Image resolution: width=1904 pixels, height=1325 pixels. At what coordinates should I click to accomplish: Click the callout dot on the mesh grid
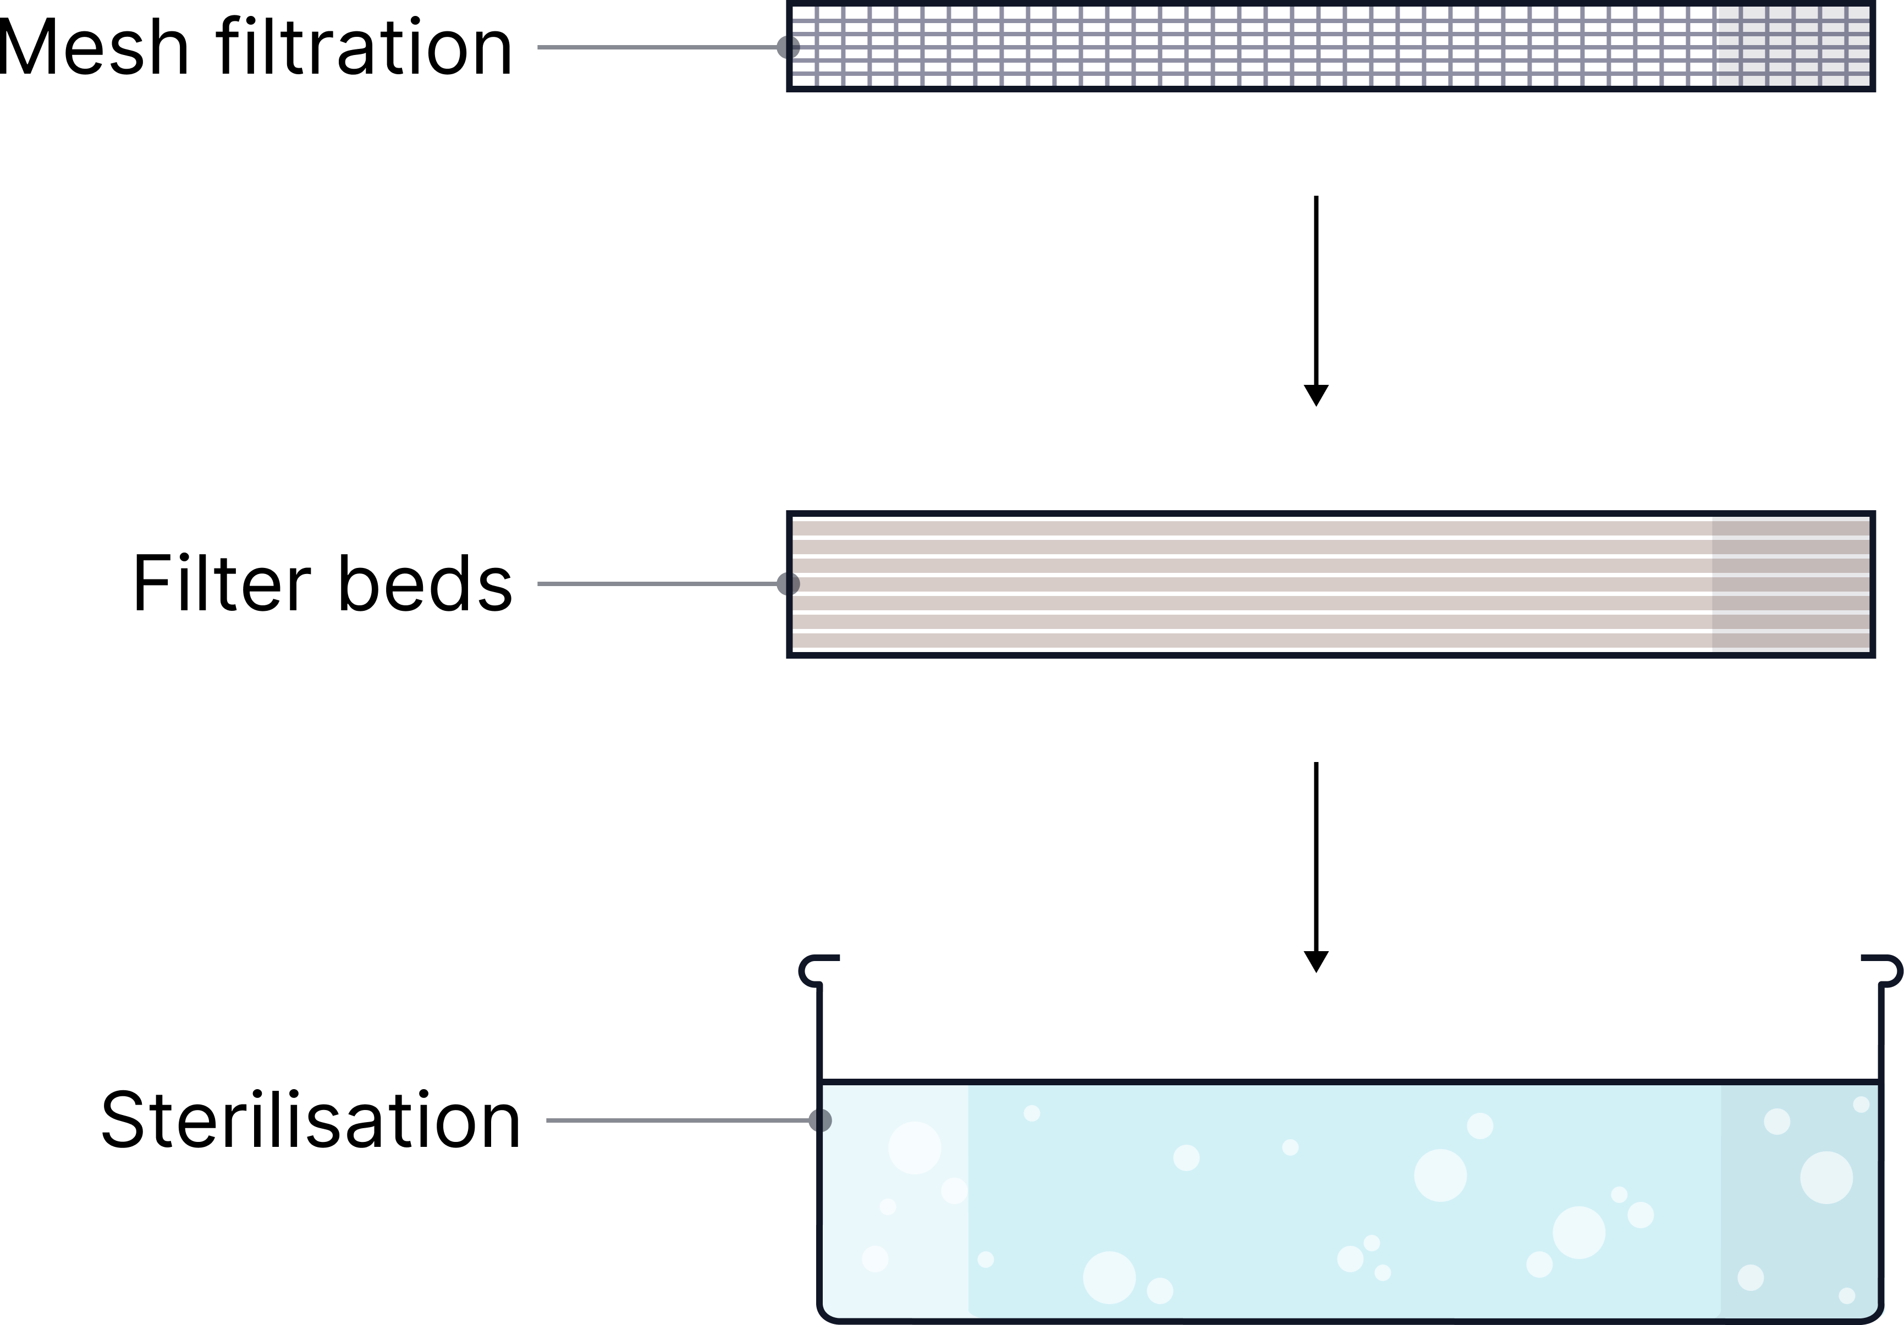click(x=788, y=47)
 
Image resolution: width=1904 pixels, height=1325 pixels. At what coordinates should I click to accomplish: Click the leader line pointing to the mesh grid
click(x=655, y=47)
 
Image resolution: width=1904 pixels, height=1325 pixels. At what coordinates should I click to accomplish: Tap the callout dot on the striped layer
click(x=788, y=584)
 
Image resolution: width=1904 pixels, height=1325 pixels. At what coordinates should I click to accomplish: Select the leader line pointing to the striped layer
click(x=655, y=584)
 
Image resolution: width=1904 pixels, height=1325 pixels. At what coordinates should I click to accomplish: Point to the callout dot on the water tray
click(x=819, y=1120)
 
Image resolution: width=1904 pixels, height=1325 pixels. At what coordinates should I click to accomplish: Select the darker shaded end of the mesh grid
click(x=1791, y=46)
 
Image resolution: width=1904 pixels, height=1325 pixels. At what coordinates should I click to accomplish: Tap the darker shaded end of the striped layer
click(x=1791, y=584)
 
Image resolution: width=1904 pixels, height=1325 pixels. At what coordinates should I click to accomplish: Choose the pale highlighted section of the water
click(x=895, y=1227)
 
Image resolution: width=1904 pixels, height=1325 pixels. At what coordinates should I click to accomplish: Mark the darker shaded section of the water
click(x=1800, y=1227)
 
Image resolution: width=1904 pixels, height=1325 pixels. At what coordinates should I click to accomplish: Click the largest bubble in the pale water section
click(x=914, y=1147)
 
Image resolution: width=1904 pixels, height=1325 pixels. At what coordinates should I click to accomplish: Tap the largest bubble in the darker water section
click(x=1826, y=1178)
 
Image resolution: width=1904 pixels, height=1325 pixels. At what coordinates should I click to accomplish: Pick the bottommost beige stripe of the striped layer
click(x=1244, y=640)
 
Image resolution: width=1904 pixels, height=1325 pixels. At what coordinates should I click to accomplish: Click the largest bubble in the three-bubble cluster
click(x=1350, y=1258)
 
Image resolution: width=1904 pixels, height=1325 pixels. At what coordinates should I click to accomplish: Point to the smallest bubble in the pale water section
click(x=887, y=1206)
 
